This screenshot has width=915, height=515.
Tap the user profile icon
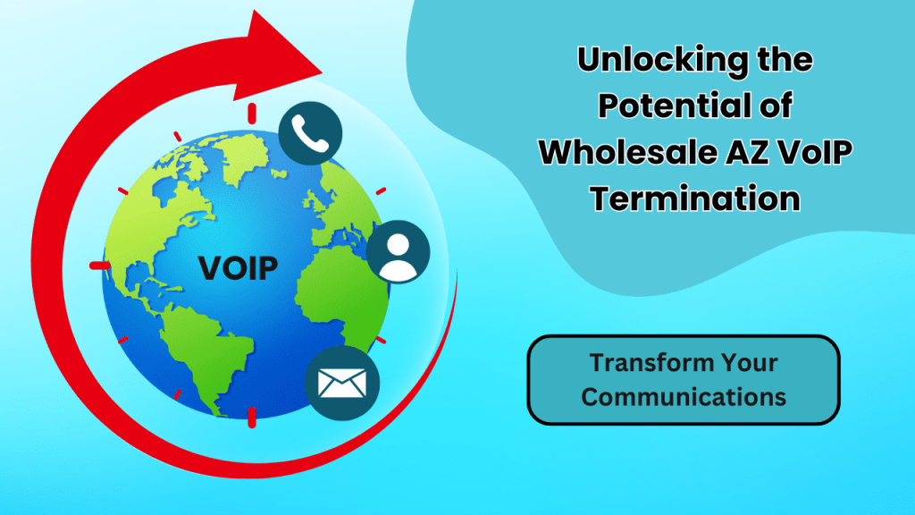pos(398,252)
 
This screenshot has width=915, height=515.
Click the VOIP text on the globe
pos(237,266)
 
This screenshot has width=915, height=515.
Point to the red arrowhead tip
pos(322,65)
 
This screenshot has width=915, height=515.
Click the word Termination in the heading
pos(694,197)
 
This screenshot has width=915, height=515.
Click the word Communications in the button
pos(684,395)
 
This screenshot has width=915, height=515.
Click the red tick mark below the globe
pos(251,416)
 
